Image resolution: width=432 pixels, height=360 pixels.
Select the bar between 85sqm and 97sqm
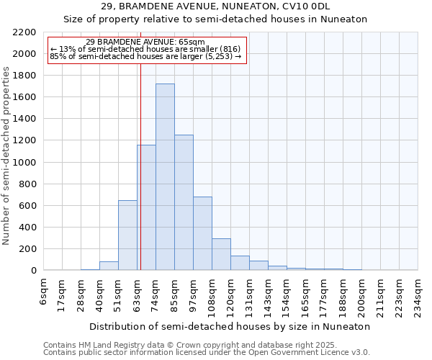pos(184,202)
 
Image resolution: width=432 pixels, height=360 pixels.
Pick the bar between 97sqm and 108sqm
pos(202,233)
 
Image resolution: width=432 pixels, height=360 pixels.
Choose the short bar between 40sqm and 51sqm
pos(109,266)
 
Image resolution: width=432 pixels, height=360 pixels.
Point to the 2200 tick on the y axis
pos(25,32)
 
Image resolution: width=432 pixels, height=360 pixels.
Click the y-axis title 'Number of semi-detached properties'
pos(6,156)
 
